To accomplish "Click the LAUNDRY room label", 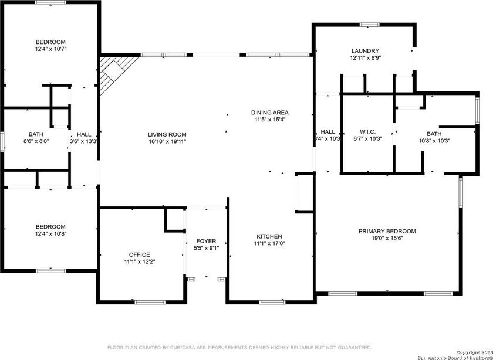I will point(365,51).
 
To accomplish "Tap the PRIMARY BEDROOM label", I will point(387,231).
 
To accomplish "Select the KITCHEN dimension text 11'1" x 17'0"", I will point(269,243).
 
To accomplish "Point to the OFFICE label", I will point(139,254).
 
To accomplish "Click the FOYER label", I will point(206,241).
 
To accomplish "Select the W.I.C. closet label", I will point(367,132).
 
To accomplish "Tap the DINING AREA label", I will point(270,113).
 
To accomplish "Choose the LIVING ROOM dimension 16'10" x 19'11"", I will point(167,141).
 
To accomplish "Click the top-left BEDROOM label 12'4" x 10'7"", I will point(50,42).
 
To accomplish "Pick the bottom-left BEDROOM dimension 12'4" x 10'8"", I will point(50,234).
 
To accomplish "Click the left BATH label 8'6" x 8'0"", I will point(36,134).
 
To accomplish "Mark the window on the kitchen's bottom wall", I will point(271,302).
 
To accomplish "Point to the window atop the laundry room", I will point(369,25).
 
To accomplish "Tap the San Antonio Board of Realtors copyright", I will point(451,356).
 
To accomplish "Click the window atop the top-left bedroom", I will point(50,3).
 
